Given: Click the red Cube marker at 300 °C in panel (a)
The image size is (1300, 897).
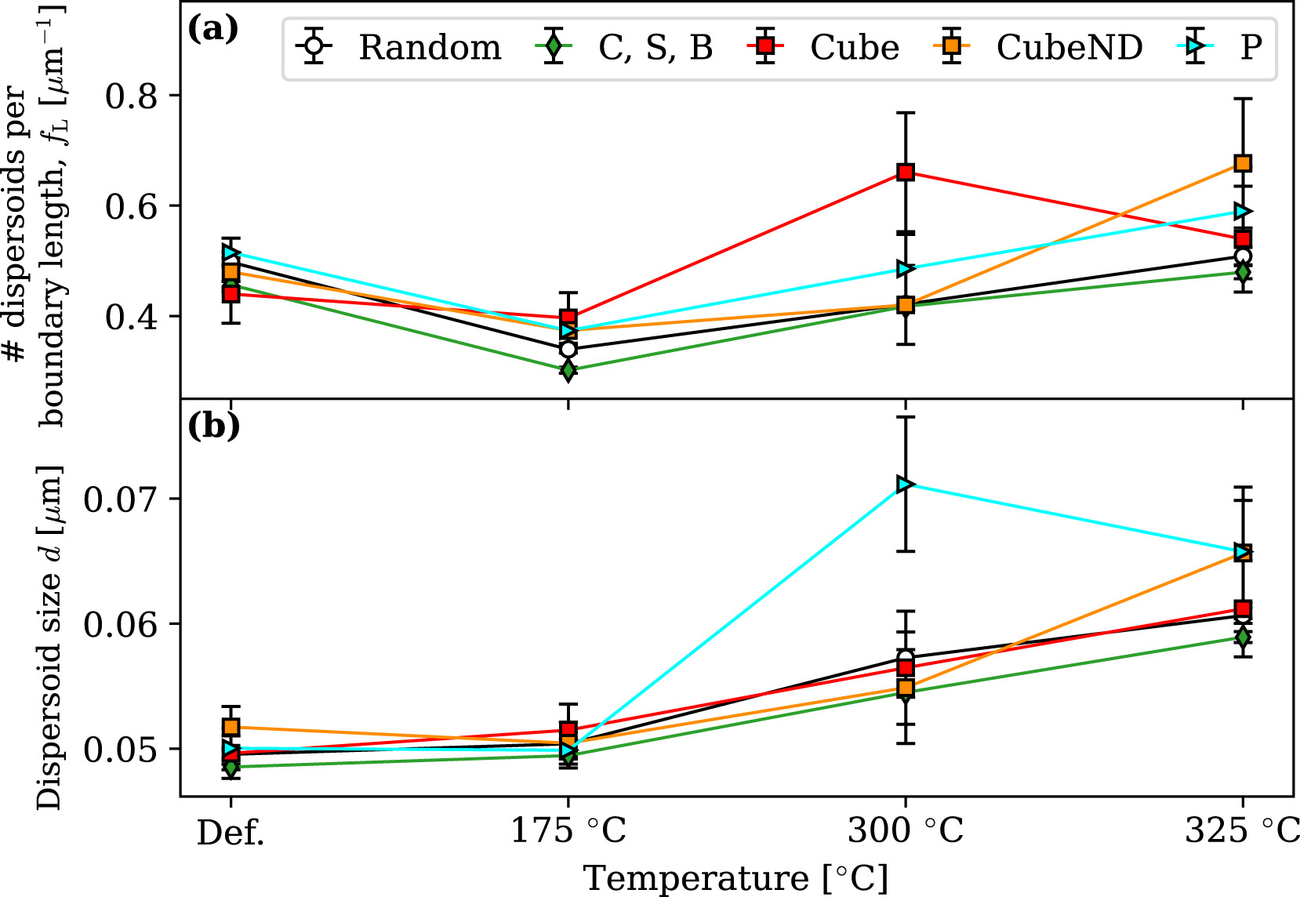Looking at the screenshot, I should (x=906, y=172).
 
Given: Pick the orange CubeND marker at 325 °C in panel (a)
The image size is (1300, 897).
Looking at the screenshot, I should (x=1243, y=163).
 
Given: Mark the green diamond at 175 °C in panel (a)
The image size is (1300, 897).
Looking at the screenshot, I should (x=568, y=369).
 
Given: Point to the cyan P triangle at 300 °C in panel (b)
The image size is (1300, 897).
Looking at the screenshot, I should (x=906, y=484).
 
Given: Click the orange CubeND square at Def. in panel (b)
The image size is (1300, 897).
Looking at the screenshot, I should (x=231, y=727).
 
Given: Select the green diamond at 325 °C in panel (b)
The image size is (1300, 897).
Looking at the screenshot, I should (x=1243, y=637).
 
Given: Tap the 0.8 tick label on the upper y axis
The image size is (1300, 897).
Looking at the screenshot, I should (x=131, y=96).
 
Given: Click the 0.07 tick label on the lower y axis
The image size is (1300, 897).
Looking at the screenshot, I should (x=121, y=499).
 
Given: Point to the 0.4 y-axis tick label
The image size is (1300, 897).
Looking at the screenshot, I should (x=131, y=317).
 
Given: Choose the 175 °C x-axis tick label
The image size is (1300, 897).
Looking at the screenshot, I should (x=568, y=830).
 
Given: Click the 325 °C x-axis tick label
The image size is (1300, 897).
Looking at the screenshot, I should (x=1241, y=830).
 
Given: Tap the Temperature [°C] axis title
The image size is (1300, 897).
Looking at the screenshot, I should (x=735, y=878).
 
